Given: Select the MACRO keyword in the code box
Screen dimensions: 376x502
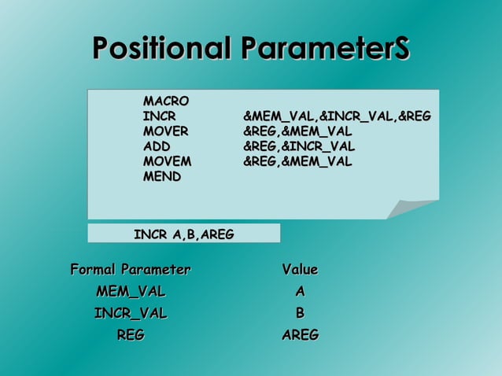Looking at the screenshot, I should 165,101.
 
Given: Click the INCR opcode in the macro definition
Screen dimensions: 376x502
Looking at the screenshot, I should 159,116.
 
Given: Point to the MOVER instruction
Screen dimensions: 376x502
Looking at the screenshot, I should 165,131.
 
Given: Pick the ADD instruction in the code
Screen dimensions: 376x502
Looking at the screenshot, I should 156,146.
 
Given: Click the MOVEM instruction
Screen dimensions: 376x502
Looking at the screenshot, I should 167,161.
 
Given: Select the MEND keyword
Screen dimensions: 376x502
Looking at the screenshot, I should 161,176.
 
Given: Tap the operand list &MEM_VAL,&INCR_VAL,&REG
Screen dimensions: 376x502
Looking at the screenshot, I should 337,116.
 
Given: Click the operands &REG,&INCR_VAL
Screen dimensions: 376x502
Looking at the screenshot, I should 299,146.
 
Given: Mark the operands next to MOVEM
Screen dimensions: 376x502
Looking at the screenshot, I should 297,161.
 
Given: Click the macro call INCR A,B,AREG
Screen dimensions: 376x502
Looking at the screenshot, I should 183,234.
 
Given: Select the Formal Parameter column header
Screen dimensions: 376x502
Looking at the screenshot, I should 131,270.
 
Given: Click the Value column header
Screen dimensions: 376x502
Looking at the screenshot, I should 300,270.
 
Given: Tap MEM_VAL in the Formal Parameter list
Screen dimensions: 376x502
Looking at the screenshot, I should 131,292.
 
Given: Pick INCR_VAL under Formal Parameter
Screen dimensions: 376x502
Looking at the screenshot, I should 131,313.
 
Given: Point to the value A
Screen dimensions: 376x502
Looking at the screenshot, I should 300,292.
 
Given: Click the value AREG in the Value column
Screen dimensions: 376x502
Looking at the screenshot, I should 300,335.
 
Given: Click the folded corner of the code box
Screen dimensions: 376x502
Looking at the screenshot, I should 413,209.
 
